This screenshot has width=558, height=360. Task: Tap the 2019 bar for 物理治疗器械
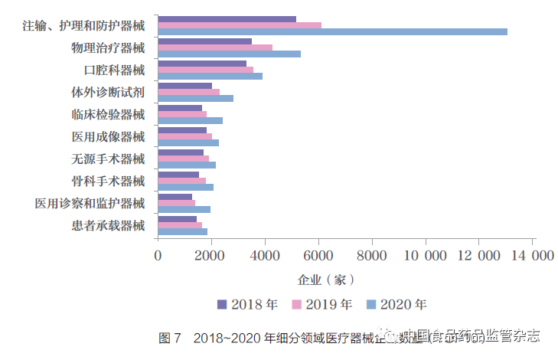tap(215, 47)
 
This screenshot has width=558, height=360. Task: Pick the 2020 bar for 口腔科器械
tap(210, 76)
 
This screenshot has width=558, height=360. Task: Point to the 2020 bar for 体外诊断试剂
tap(195, 98)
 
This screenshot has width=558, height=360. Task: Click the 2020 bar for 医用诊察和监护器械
tap(184, 209)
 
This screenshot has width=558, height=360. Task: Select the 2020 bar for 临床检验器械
tap(190, 120)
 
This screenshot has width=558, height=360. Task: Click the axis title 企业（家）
tap(325, 280)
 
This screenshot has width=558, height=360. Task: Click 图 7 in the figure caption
tap(169, 337)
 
